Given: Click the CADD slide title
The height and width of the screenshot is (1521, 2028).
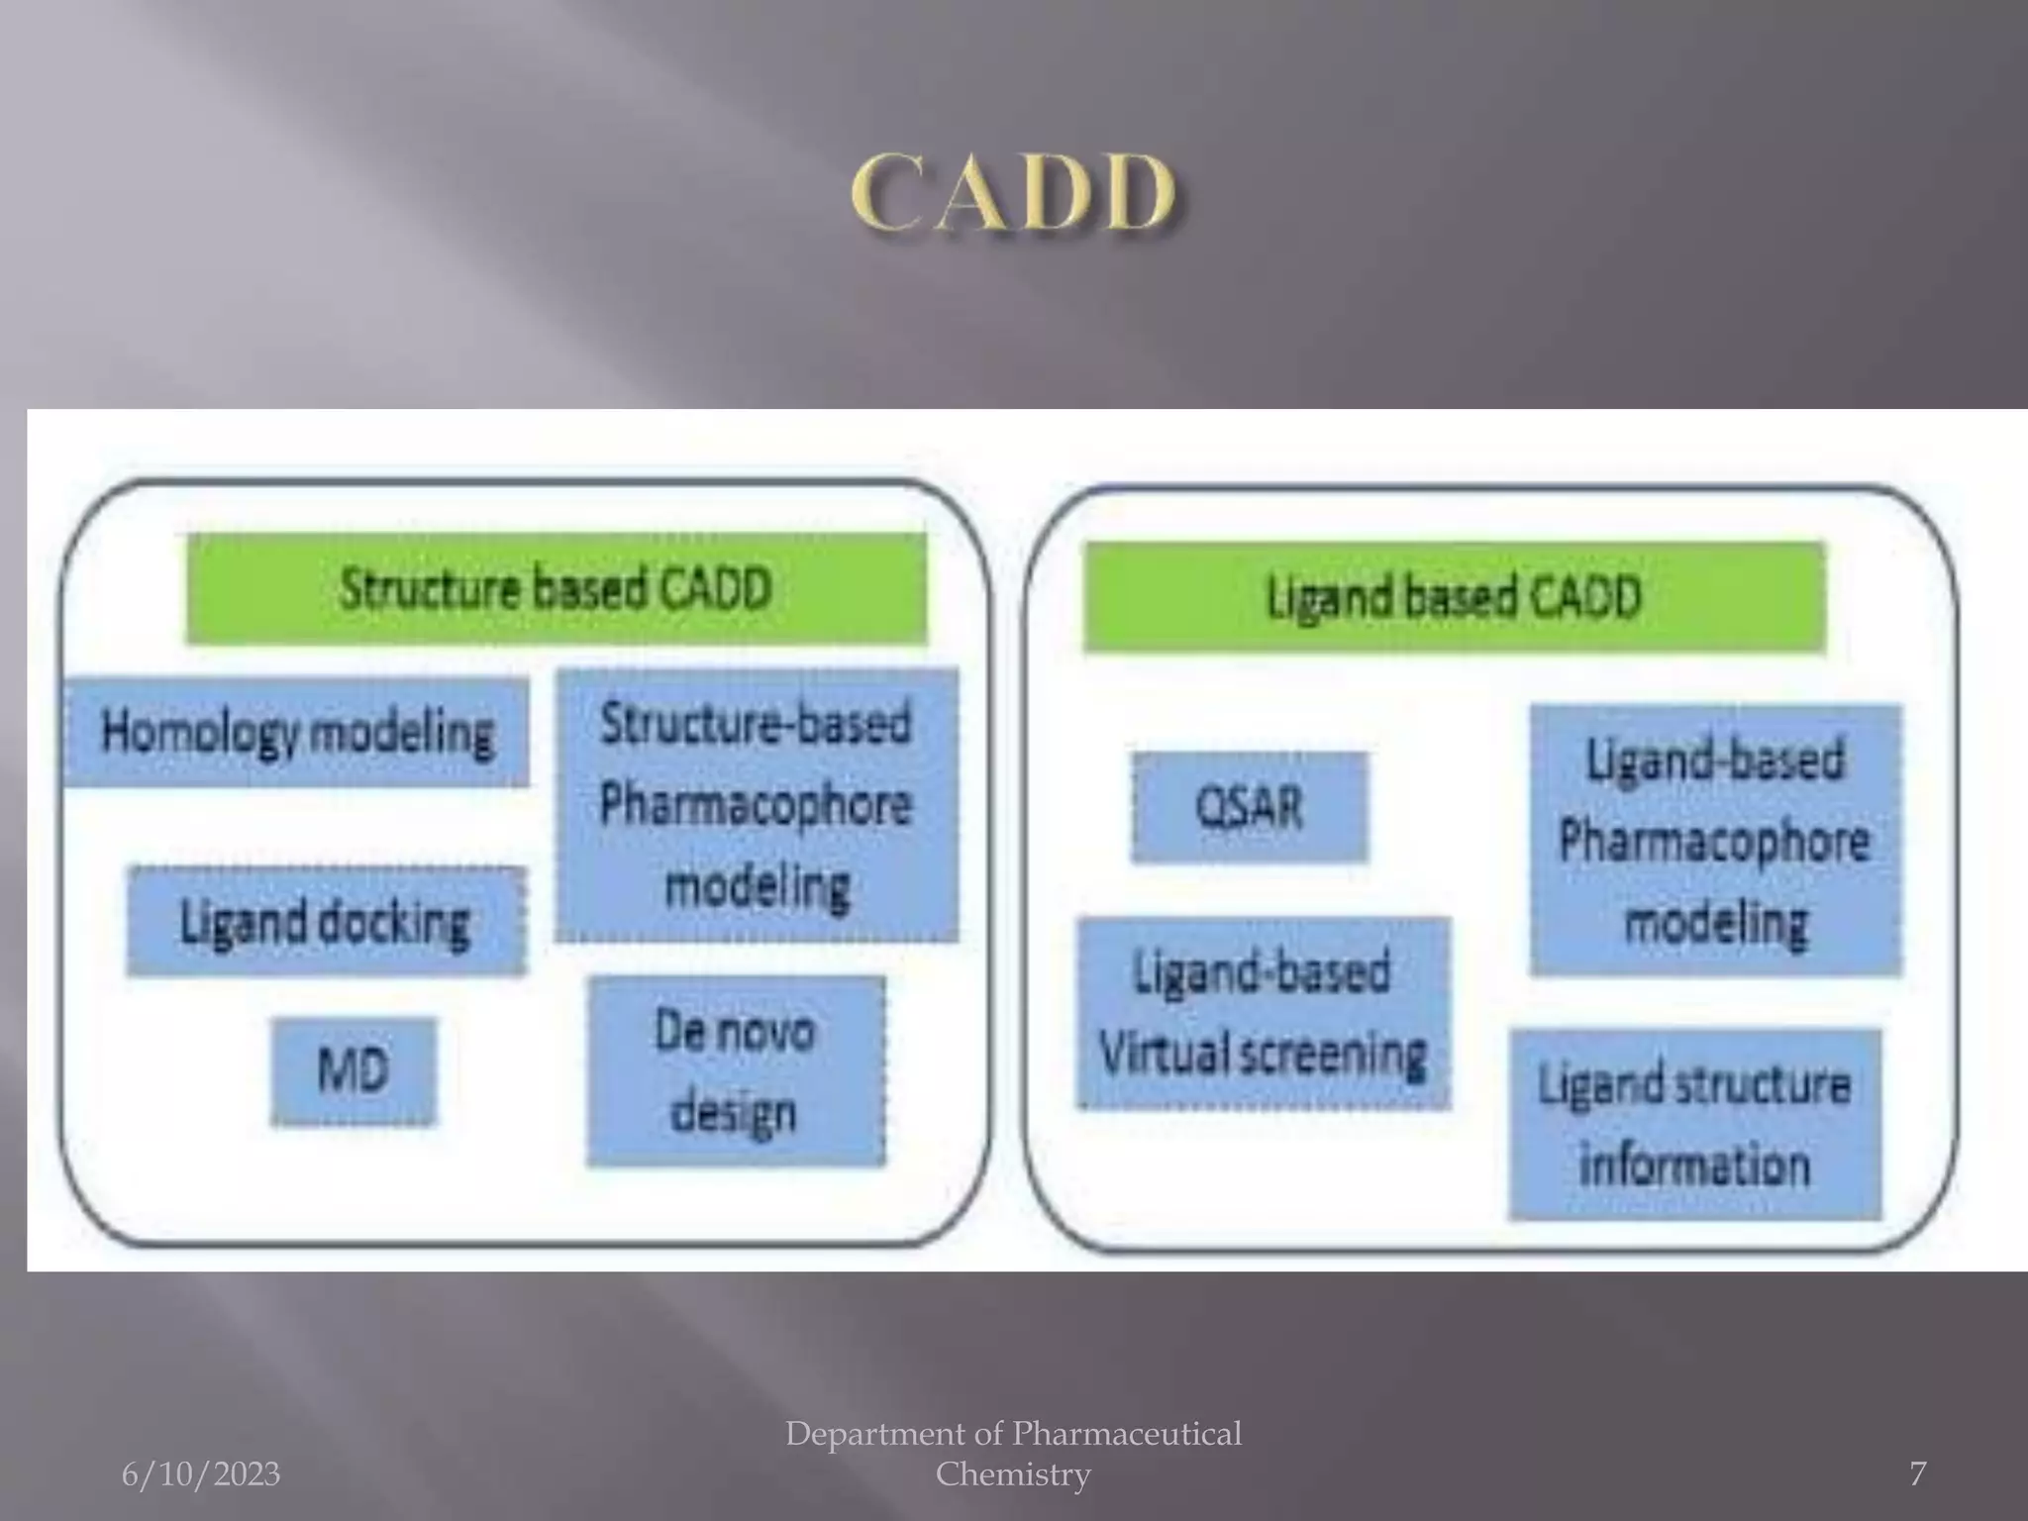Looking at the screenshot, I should pyautogui.click(x=1013, y=193).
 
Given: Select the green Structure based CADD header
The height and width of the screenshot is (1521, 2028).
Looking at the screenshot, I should pyautogui.click(x=557, y=589).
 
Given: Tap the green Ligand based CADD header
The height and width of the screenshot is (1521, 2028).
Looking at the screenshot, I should pyautogui.click(x=1454, y=597).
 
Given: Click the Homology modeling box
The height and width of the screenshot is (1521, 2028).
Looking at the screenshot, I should pyautogui.click(x=296, y=733).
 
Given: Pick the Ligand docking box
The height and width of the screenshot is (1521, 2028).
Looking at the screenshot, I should pyautogui.click(x=326, y=922).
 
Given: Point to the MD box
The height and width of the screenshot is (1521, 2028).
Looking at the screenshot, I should pyautogui.click(x=354, y=1071).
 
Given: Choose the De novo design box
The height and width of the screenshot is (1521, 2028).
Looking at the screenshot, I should pyautogui.click(x=736, y=1071).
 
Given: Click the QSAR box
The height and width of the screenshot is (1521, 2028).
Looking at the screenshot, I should pyautogui.click(x=1250, y=807).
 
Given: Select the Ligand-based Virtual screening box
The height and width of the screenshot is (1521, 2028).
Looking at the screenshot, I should pyautogui.click(x=1263, y=1012).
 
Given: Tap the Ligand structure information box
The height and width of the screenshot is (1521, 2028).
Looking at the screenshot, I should pyautogui.click(x=1694, y=1124).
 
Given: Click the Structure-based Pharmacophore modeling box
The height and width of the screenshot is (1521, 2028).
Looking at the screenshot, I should pyautogui.click(x=757, y=804).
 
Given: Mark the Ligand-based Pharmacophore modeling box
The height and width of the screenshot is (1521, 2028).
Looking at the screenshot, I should pyautogui.click(x=1715, y=840).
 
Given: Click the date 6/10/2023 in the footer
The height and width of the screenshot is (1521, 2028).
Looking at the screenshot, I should pyautogui.click(x=201, y=1474).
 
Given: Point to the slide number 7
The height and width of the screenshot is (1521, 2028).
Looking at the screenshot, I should pyautogui.click(x=1917, y=1474).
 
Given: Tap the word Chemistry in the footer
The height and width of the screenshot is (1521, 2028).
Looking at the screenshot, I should pyautogui.click(x=1013, y=1474).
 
